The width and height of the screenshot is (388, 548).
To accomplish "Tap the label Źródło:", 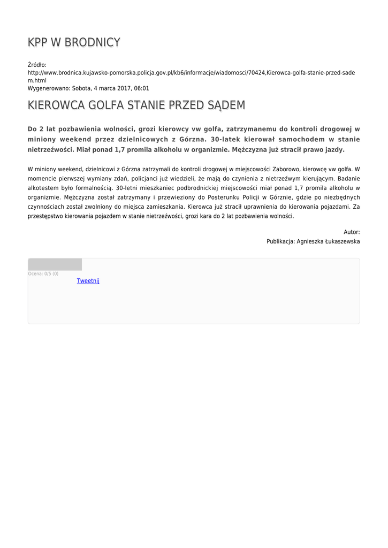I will pos(37,65).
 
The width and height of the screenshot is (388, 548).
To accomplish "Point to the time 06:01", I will pos(142,88).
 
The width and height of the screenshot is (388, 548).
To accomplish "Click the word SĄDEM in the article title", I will pos(222,105).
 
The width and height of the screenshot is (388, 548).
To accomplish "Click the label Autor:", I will pos(352,232).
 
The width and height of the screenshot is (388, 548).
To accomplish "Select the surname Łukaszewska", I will pos(339,241).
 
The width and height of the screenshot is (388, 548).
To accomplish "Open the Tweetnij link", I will pos(88,280).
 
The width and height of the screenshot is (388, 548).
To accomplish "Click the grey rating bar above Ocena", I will pos(55,264).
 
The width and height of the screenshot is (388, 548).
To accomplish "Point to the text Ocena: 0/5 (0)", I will pos(43,274).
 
